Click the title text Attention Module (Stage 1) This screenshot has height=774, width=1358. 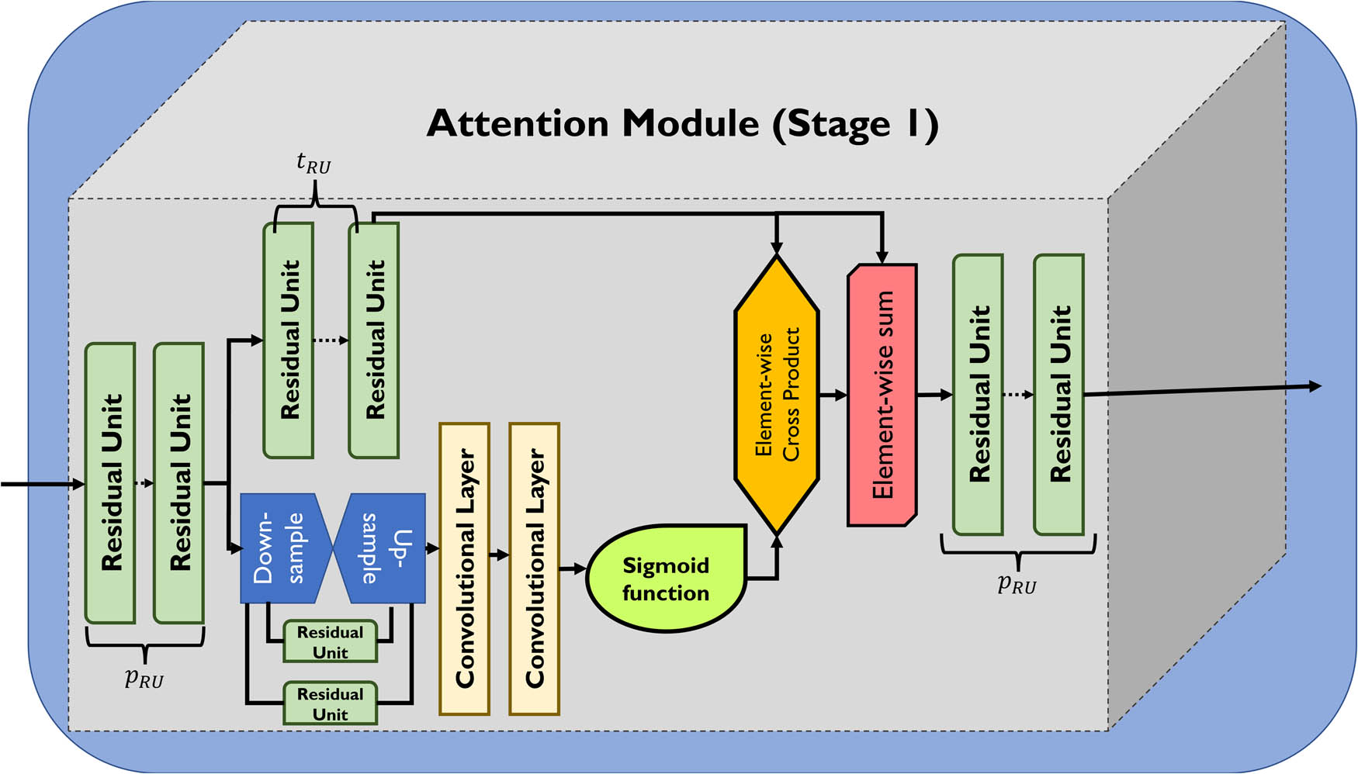[683, 124]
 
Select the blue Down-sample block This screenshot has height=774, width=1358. [282, 548]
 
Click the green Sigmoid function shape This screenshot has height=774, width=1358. [666, 579]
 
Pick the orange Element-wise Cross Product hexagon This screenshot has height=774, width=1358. [777, 395]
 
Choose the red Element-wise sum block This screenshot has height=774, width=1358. [882, 395]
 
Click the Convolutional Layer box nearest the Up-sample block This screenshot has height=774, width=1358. [464, 568]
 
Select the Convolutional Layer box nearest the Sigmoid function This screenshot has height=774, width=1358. [534, 568]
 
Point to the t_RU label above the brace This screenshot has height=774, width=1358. [314, 163]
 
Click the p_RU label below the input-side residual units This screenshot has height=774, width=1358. [144, 678]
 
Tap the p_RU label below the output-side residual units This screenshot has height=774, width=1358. [1017, 583]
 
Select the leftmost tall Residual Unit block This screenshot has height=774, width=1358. [110, 483]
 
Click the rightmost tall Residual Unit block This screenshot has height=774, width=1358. [1059, 394]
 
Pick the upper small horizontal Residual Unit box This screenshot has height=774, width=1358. [330, 641]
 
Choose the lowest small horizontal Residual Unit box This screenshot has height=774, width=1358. [330, 703]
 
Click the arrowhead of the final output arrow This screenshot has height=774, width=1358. [1315, 385]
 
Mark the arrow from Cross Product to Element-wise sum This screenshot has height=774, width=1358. [833, 395]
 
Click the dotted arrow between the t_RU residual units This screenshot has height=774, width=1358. [331, 340]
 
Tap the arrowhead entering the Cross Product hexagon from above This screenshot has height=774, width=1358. [777, 249]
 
